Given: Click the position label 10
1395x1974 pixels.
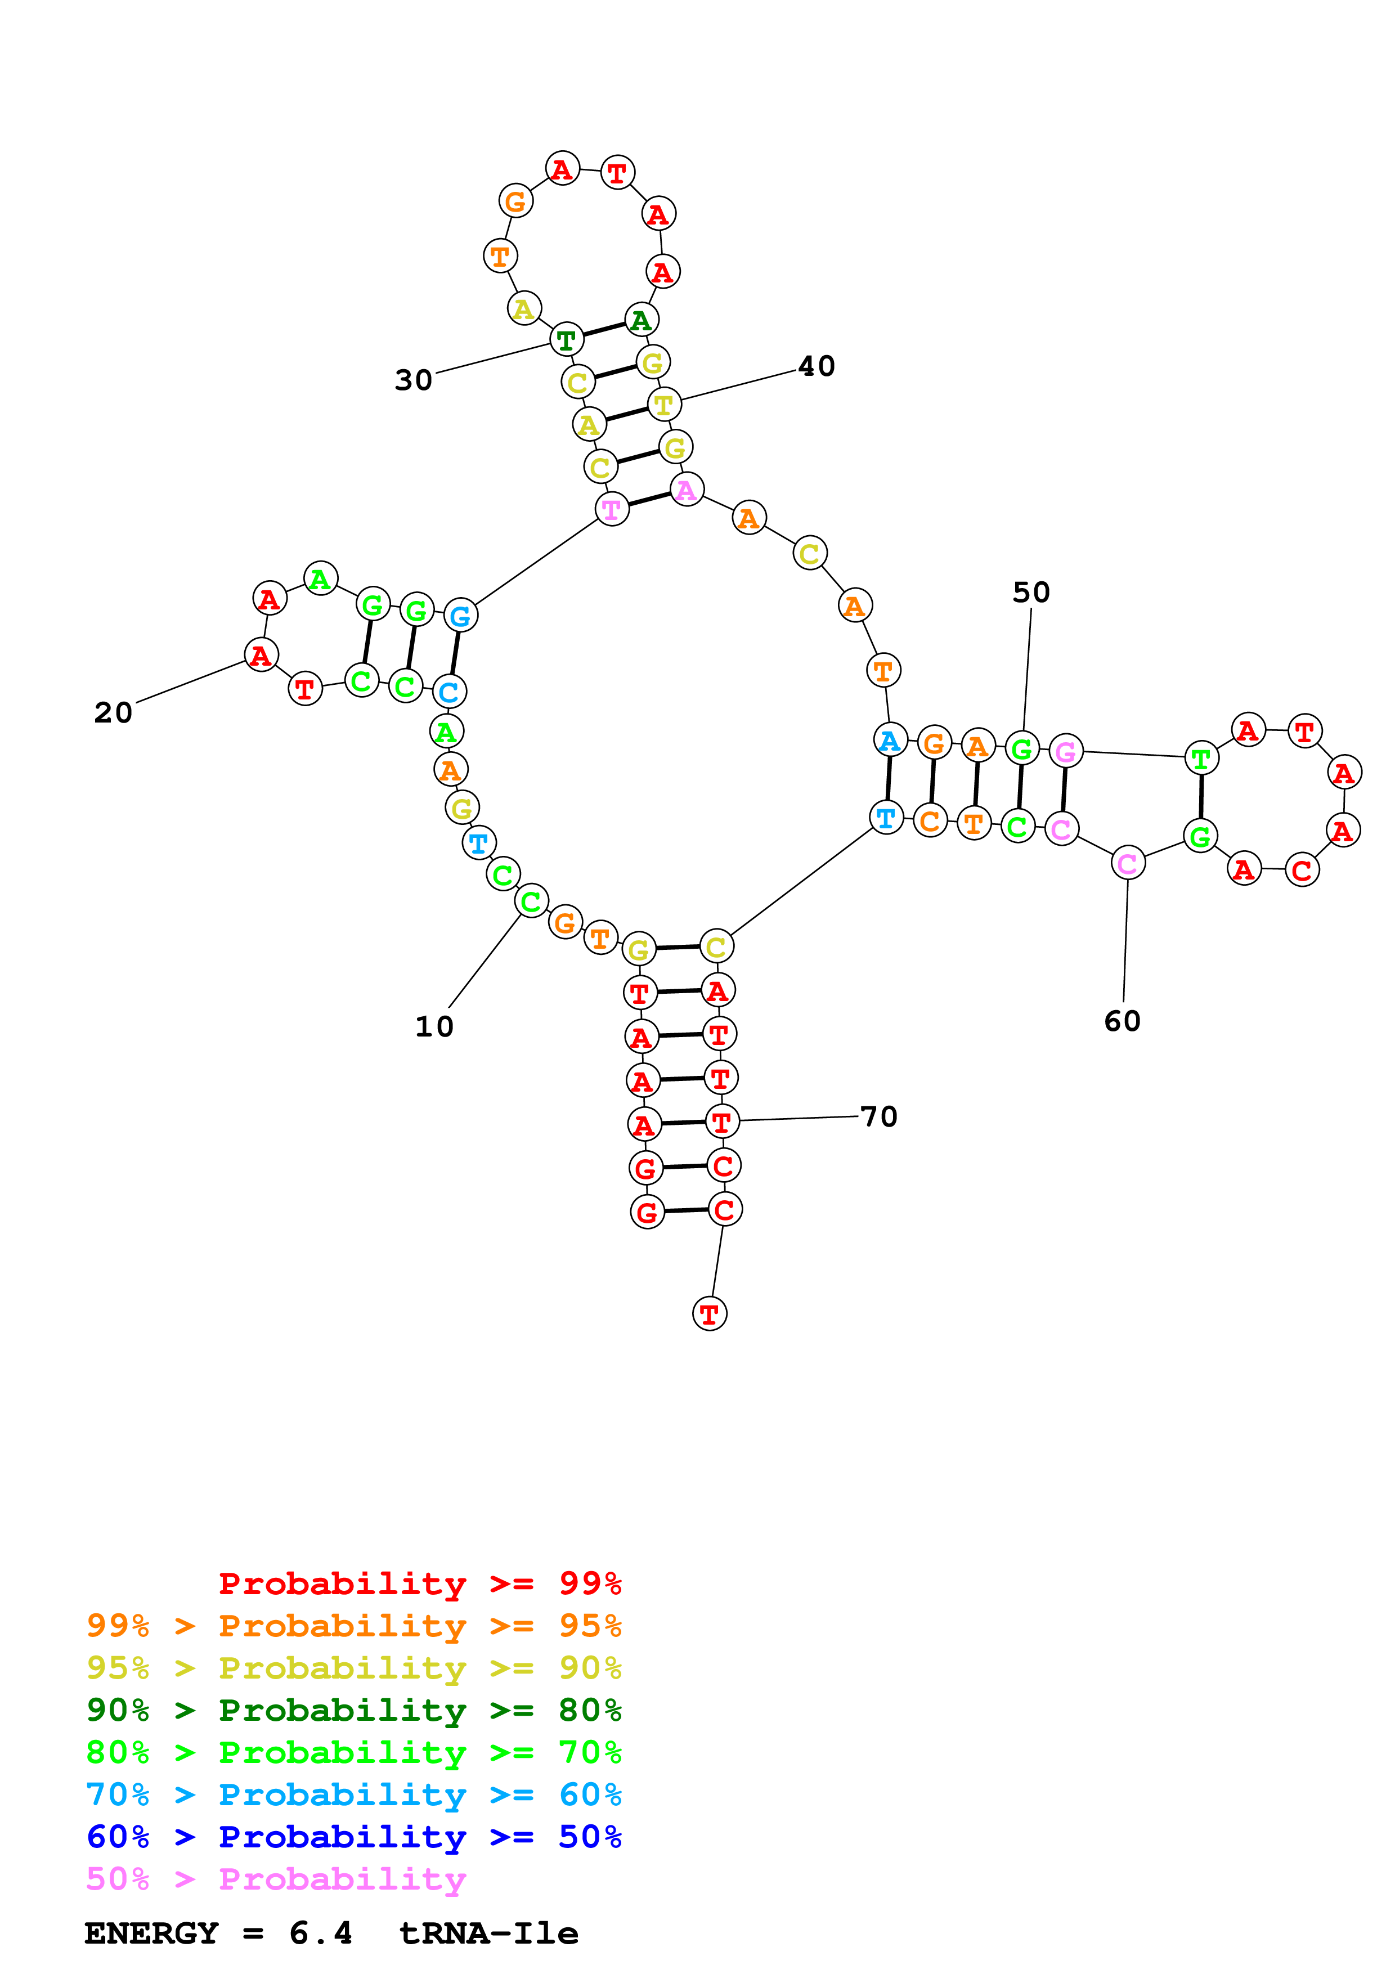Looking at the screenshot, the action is [x=434, y=1026].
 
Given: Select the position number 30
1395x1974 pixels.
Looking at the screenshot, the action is [x=414, y=380].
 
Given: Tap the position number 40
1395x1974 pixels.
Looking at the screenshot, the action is [x=817, y=366].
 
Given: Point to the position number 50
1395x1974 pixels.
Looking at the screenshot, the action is [x=1031, y=593].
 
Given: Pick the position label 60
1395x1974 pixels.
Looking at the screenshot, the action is [x=1123, y=1021].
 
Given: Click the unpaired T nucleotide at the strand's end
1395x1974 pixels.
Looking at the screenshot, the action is [x=709, y=1314].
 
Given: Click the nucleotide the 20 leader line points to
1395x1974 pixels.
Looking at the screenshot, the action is [x=261, y=655].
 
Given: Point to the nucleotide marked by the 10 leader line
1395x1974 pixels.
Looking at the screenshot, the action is [x=531, y=901].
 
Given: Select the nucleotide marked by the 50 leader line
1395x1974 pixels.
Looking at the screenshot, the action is [x=1022, y=749].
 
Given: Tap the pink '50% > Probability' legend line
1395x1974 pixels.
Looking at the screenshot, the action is [x=276, y=1879].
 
